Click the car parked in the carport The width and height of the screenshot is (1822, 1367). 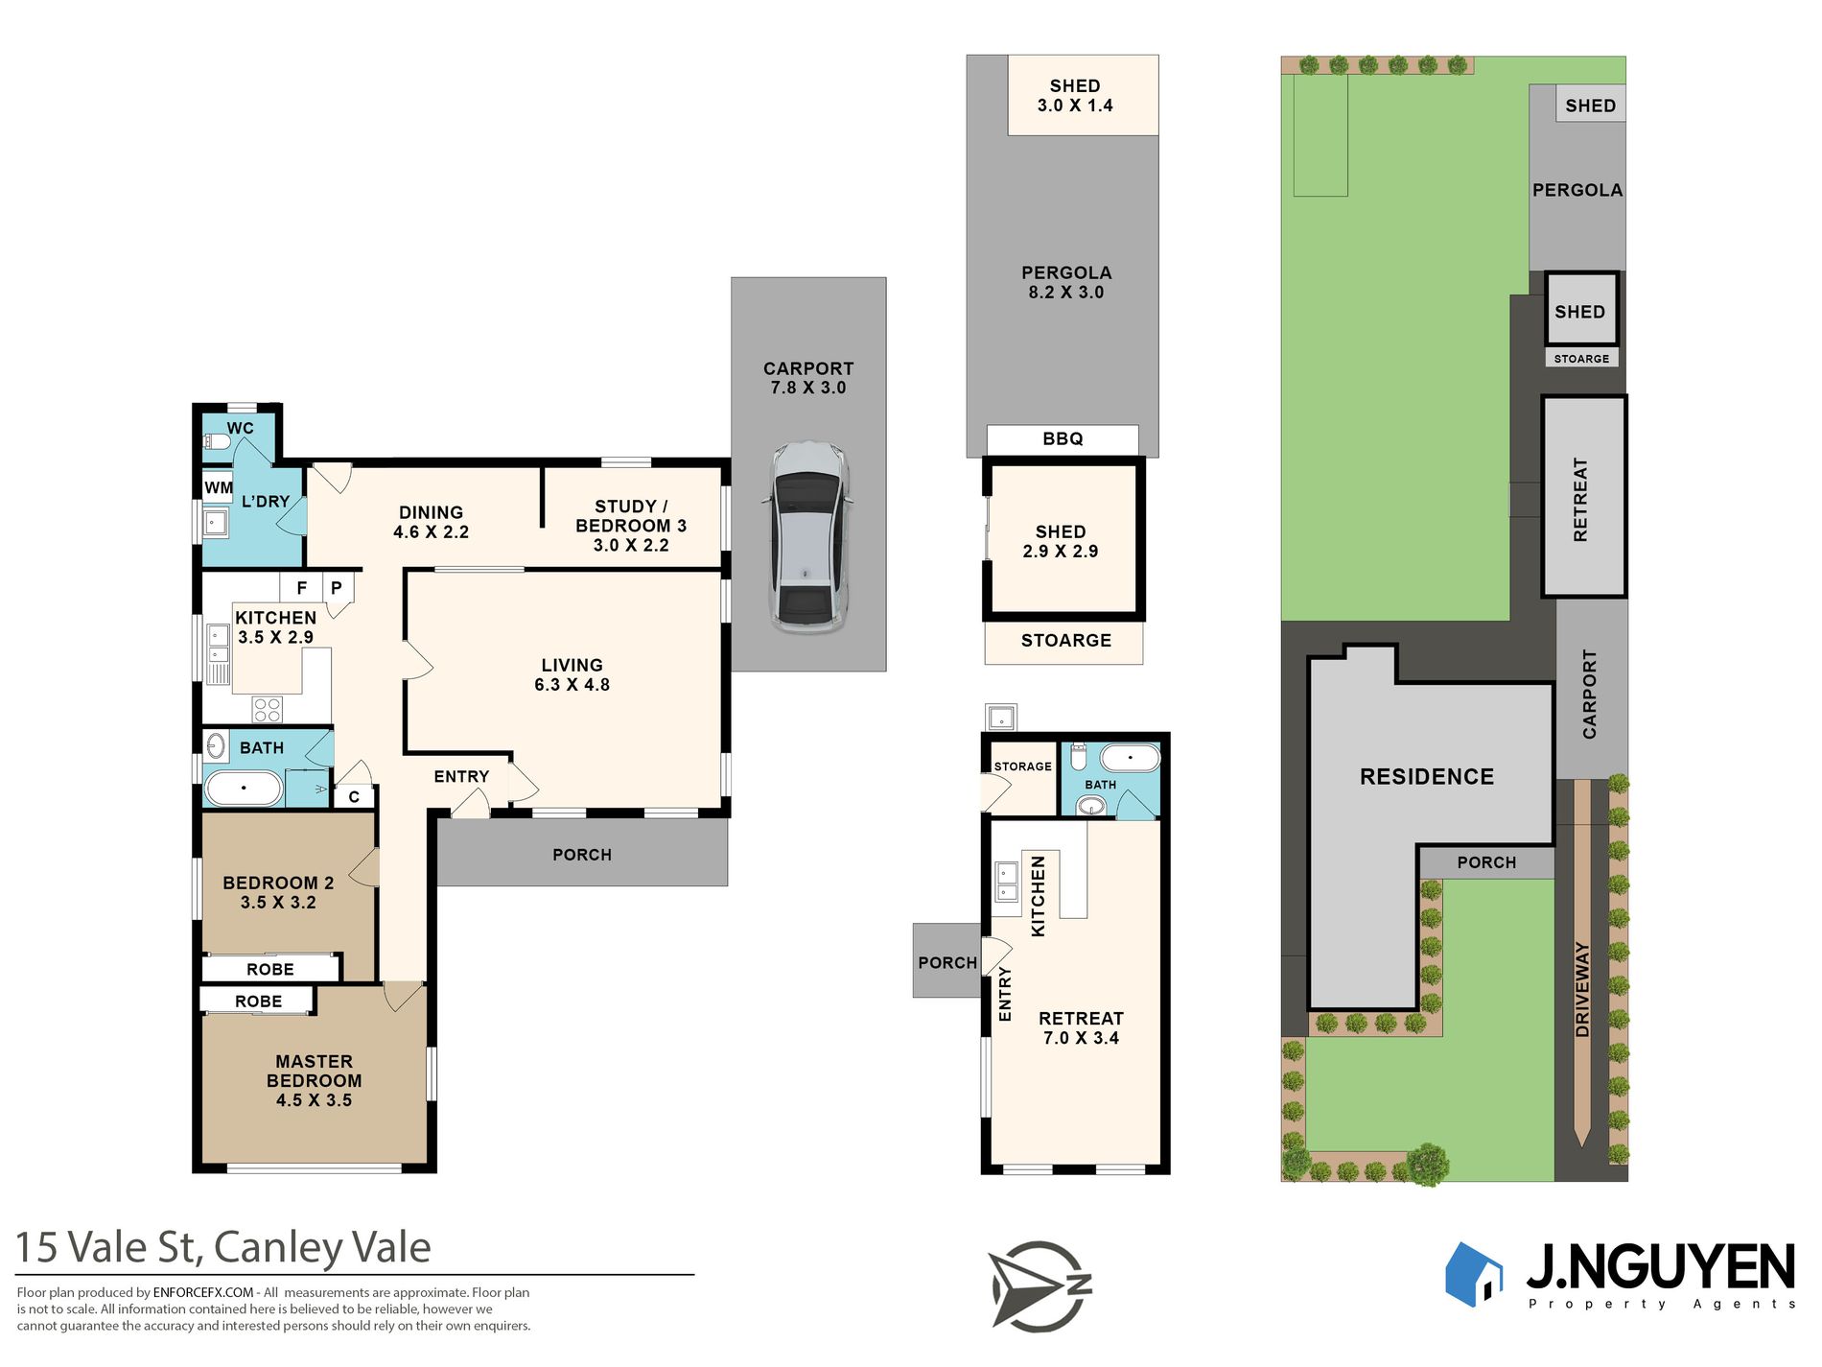coord(807,536)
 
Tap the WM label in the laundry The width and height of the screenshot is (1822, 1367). coord(219,487)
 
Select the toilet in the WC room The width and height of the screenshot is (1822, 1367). coord(217,442)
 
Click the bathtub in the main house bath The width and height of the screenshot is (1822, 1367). coord(244,789)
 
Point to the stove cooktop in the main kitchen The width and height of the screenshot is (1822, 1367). coord(268,710)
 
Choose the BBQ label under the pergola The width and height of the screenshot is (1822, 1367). coord(1063,438)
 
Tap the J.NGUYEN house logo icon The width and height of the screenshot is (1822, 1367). coord(1474,1274)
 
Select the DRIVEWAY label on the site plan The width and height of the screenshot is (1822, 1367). coord(1582,989)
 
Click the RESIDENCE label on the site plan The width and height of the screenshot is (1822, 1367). coord(1427,777)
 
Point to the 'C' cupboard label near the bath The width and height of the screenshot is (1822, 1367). coord(354,796)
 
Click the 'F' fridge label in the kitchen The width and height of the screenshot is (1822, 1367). coord(302,588)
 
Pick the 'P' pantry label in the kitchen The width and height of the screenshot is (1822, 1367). coord(337,588)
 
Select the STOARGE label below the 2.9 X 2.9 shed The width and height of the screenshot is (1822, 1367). coord(1066,641)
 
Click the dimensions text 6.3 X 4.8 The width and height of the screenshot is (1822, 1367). coord(572,685)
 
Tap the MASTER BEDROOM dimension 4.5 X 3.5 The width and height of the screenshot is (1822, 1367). coord(314,1100)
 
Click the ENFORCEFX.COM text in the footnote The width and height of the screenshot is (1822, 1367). coord(203,1292)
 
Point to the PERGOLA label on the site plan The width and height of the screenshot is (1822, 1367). coord(1577,190)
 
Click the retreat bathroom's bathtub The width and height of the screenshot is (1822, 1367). coord(1130,758)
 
